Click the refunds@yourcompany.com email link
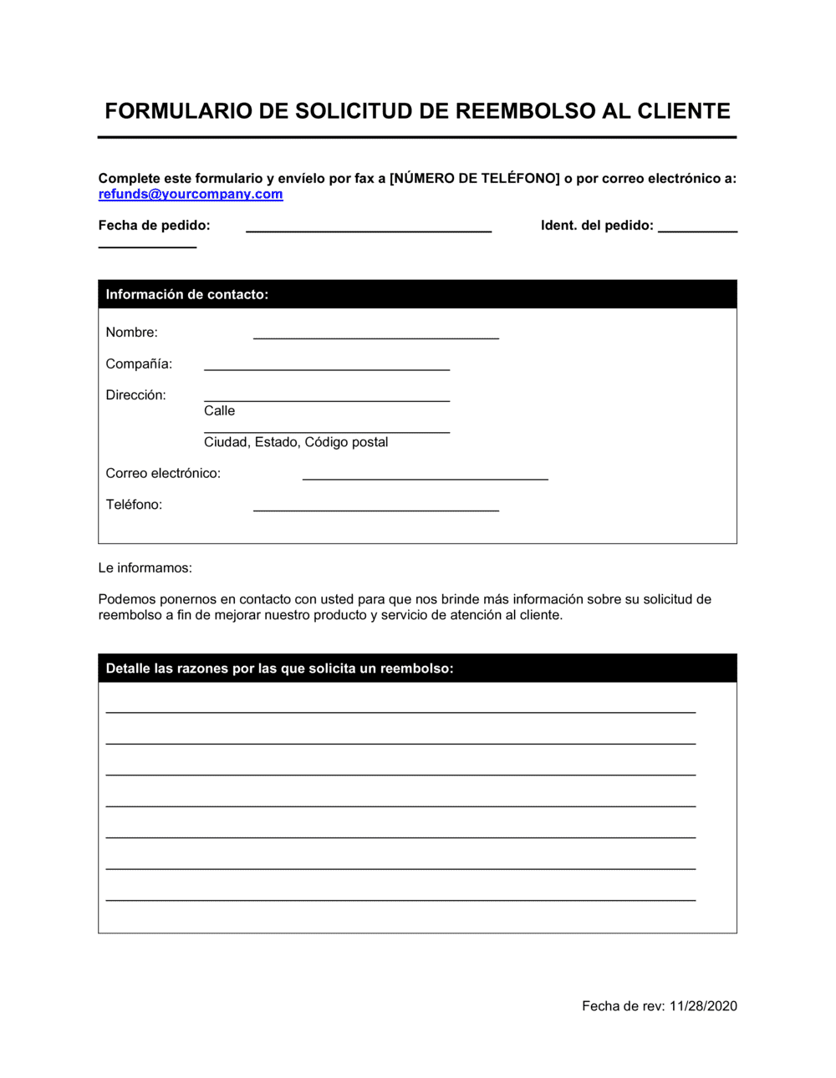click(x=191, y=194)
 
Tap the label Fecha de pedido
click(x=154, y=226)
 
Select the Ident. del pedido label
click(x=597, y=226)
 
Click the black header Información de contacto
click(x=187, y=294)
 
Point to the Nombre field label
click(x=131, y=333)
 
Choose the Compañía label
click(x=139, y=364)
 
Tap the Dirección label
click(x=135, y=395)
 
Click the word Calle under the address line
click(x=219, y=411)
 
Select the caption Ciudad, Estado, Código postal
click(x=296, y=442)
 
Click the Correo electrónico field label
click(x=163, y=474)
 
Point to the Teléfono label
click(x=134, y=505)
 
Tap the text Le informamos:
click(x=145, y=568)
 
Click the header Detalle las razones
click(x=279, y=669)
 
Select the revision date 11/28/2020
click(x=703, y=1006)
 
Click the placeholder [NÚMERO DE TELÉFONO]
click(x=474, y=178)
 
